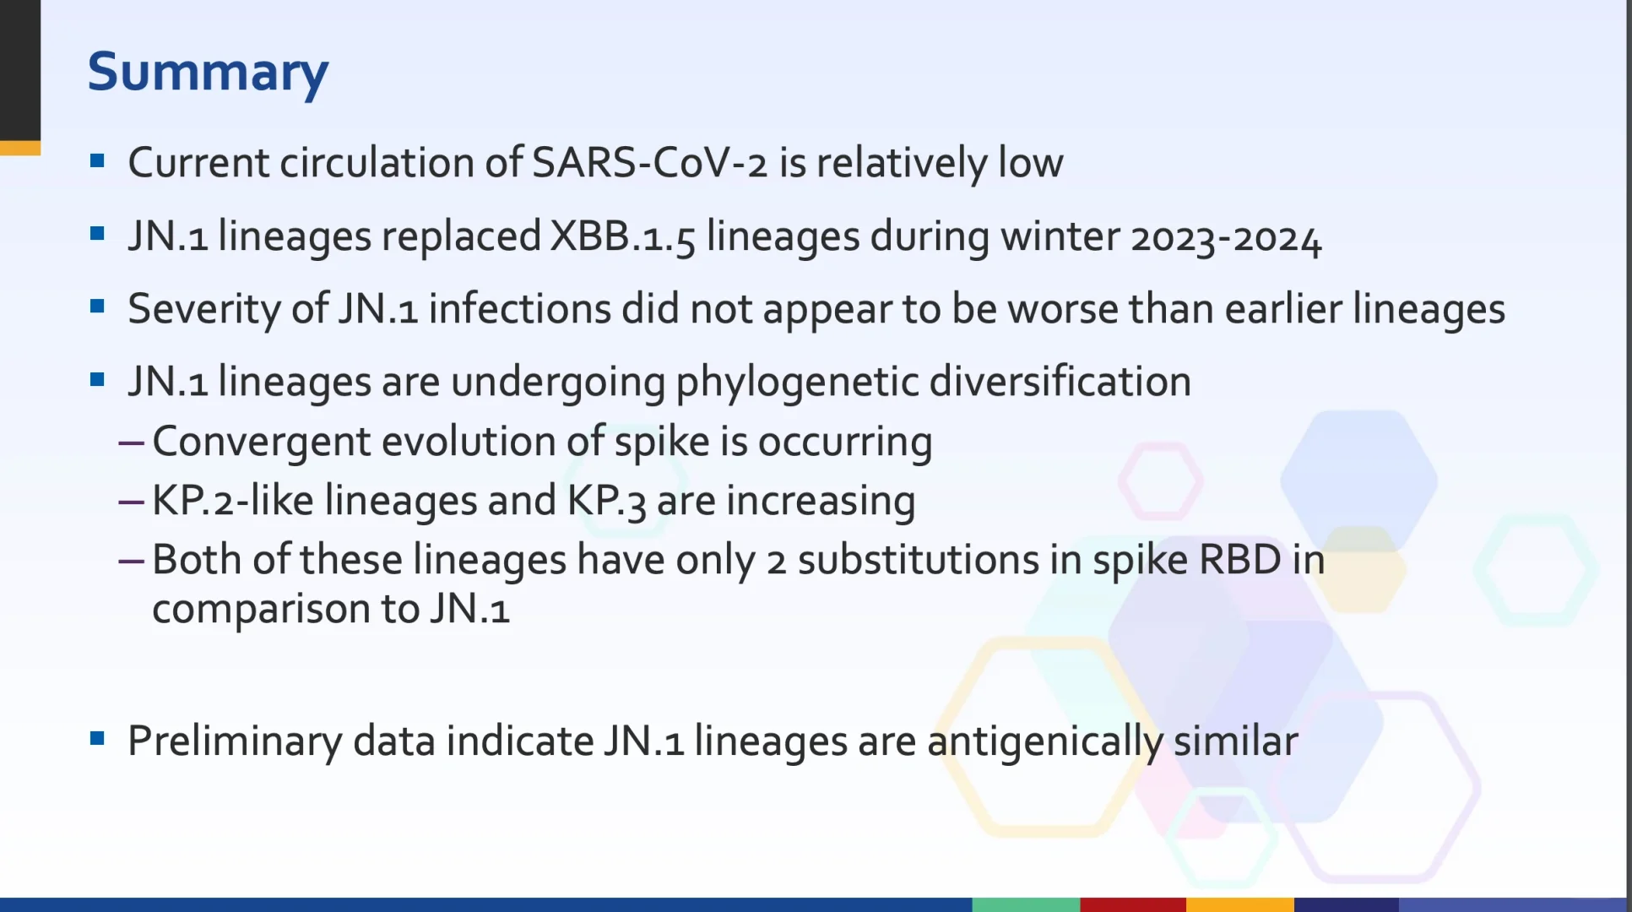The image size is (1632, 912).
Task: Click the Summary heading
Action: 208,73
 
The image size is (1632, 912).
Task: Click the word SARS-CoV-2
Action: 649,162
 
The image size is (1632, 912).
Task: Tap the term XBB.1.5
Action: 623,236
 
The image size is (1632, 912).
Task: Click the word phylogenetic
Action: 797,382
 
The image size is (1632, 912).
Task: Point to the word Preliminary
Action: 235,741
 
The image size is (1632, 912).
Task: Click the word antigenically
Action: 1045,741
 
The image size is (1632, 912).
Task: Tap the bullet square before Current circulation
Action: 97,160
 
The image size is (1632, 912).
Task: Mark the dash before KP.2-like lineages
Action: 132,502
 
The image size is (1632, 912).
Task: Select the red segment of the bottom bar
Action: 1133,904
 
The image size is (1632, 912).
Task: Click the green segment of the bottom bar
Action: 1026,904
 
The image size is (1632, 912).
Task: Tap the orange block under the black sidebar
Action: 20,149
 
